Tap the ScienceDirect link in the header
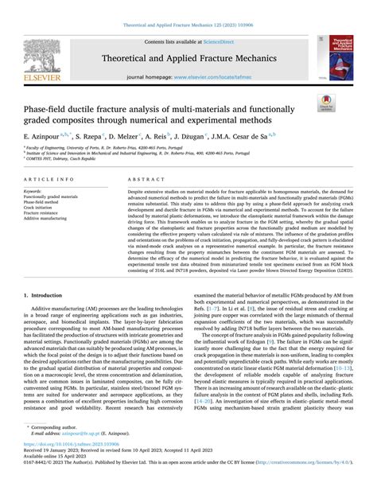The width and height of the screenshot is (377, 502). [x=224, y=40]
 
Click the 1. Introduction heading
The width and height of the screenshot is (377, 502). [x=45, y=294]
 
